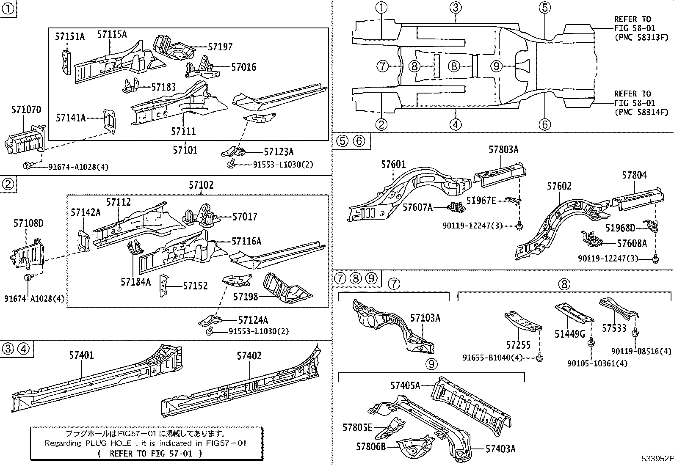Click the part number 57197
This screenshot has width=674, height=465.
click(219, 47)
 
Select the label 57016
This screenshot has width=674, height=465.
click(243, 67)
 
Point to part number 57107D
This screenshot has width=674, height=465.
click(26, 110)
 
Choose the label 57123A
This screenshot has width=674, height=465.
click(279, 152)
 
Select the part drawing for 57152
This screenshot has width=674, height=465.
click(163, 286)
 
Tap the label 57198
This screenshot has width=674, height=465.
click(246, 297)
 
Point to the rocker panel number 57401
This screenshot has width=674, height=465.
click(82, 355)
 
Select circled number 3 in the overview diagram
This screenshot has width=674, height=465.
click(455, 7)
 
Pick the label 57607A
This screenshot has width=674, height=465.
click(417, 207)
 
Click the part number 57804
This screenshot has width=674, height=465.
click(634, 175)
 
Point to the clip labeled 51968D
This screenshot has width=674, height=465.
click(652, 226)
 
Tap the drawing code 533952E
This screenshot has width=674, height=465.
click(656, 459)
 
